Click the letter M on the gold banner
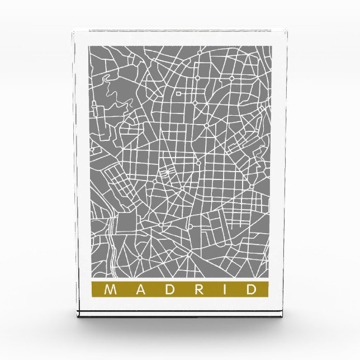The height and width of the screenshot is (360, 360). (x=111, y=290)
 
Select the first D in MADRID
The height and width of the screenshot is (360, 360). (x=166, y=290)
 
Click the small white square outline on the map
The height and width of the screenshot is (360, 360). (x=179, y=95)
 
